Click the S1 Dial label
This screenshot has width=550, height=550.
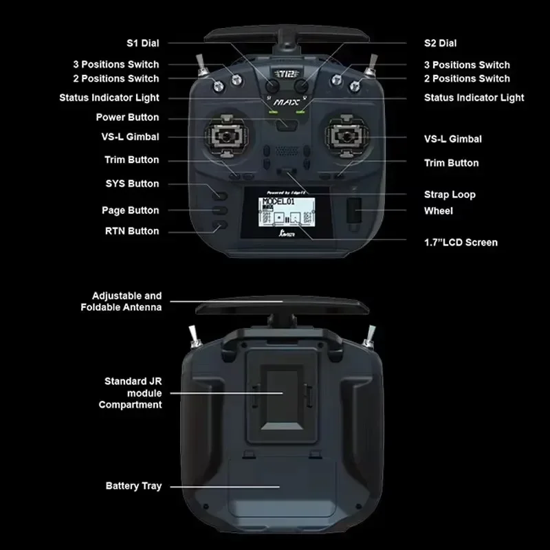pos(142,43)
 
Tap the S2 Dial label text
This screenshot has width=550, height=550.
pos(440,43)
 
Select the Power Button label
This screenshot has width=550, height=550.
pos(127,118)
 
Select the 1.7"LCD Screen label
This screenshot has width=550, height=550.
pos(461,242)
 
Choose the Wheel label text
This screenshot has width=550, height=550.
pos(438,211)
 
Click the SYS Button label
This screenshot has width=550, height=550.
pos(132,184)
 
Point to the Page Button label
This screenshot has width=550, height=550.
pos(130,210)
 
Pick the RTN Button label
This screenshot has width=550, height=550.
pos(132,231)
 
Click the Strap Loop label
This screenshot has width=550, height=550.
pos(450,195)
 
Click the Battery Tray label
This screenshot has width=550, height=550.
pos(133,486)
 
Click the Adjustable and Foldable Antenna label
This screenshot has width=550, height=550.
pos(121,301)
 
